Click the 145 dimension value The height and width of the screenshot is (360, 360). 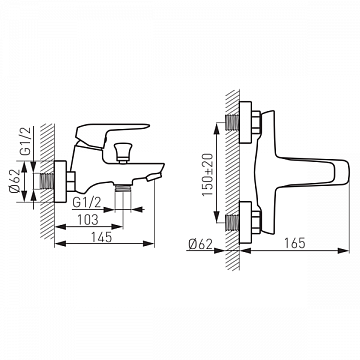102,237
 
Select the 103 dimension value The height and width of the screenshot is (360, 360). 88,220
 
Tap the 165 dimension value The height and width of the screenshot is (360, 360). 295,243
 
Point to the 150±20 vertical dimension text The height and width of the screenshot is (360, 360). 207,174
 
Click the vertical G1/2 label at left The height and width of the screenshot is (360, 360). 26,141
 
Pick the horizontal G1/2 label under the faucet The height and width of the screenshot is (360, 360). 86,202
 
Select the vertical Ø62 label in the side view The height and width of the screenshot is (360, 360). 15,182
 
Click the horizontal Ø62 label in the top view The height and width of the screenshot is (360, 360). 200,244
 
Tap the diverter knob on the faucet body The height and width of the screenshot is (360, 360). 122,152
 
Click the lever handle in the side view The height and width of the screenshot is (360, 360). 110,133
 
